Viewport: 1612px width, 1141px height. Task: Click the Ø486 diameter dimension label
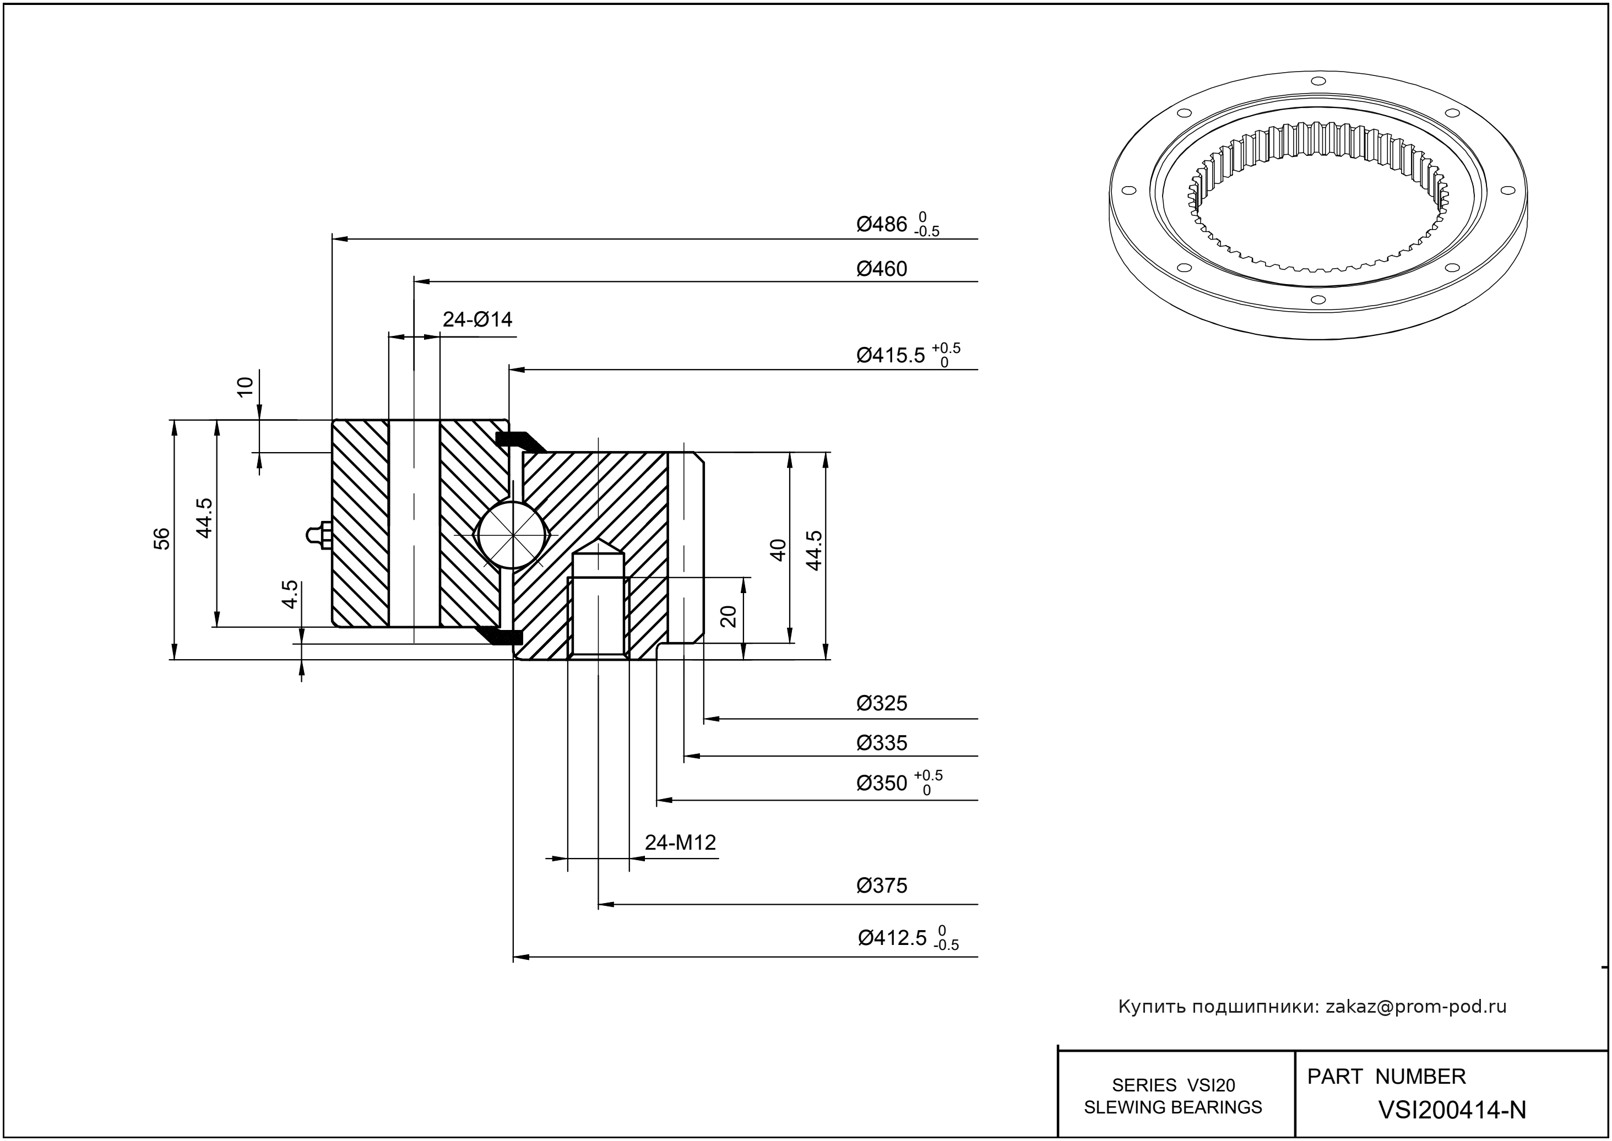pyautogui.click(x=882, y=225)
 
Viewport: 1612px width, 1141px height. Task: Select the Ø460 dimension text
pyautogui.click(x=882, y=269)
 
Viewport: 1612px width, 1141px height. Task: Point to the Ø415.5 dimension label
pyautogui.click(x=891, y=356)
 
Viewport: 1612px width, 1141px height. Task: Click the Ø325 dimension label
pyautogui.click(x=882, y=703)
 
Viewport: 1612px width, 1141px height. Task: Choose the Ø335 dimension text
pyautogui.click(x=882, y=743)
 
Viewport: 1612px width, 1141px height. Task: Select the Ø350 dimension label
pyautogui.click(x=882, y=784)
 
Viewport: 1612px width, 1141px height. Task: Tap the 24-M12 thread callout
pyautogui.click(x=680, y=843)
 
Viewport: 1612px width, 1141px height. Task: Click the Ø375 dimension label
pyautogui.click(x=882, y=885)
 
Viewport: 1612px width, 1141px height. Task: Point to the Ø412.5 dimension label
pyautogui.click(x=892, y=938)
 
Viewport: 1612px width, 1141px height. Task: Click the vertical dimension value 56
pyautogui.click(x=161, y=539)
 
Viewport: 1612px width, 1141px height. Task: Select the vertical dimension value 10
pyautogui.click(x=245, y=387)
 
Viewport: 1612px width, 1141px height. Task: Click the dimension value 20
pyautogui.click(x=729, y=616)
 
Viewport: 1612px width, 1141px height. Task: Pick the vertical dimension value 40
pyautogui.click(x=778, y=550)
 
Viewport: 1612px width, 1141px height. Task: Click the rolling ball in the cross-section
pyautogui.click(x=514, y=535)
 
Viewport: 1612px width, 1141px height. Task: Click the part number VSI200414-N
pyautogui.click(x=1452, y=1110)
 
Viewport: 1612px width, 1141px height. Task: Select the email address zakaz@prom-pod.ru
pyautogui.click(x=1415, y=1007)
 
